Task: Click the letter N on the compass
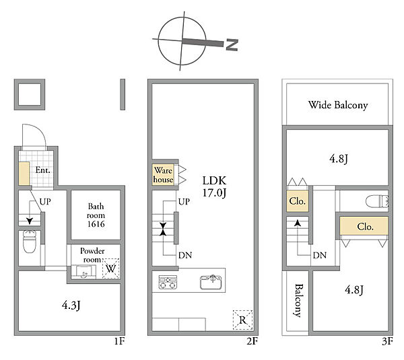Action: point(232,45)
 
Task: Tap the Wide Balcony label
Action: point(338,105)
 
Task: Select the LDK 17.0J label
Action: point(214,186)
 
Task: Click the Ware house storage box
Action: point(163,174)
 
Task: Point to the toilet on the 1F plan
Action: point(30,242)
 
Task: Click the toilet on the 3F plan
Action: point(377,201)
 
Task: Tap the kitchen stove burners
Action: point(168,282)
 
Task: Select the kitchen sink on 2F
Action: point(211,282)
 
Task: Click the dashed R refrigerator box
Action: point(242,320)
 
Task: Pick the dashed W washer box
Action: point(111,268)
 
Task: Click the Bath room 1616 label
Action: point(96,215)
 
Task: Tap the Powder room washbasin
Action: point(83,272)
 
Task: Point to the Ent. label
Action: point(42,170)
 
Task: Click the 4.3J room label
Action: point(71,305)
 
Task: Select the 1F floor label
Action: point(119,341)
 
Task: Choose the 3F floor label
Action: point(387,341)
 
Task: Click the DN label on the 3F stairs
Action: point(319,255)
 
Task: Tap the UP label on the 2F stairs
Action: point(184,202)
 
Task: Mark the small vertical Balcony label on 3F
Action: point(298,300)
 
